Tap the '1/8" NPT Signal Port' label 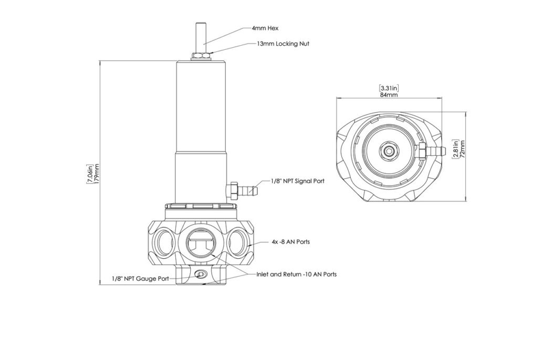[297, 181]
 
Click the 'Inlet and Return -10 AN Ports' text [296, 274]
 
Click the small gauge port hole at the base [200, 274]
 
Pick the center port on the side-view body [201, 244]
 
